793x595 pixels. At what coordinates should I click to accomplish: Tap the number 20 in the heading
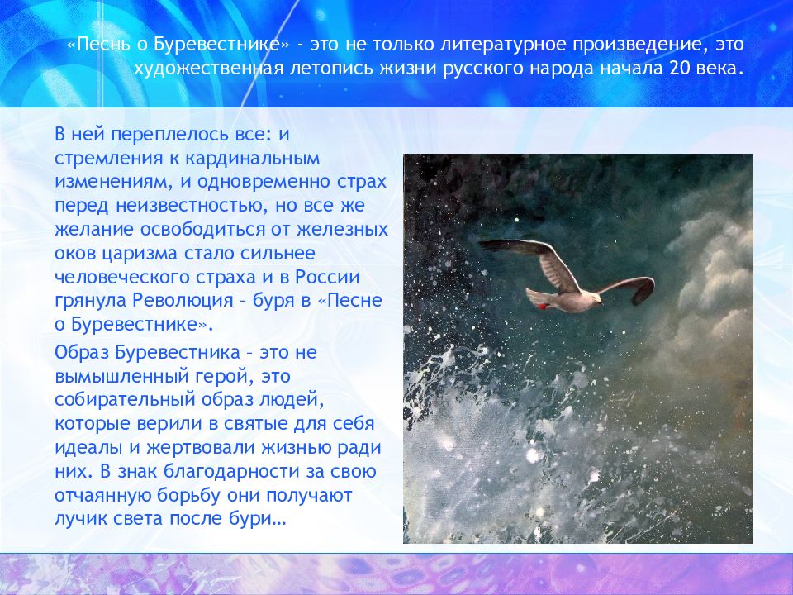(x=680, y=68)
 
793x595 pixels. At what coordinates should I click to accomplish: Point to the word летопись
(x=332, y=69)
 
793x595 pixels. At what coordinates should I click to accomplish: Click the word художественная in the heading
(x=209, y=69)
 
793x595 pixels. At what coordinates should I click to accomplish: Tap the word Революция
(x=183, y=301)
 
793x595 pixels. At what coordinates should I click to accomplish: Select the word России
(x=327, y=277)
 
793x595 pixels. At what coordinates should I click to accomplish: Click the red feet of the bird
(x=542, y=306)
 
